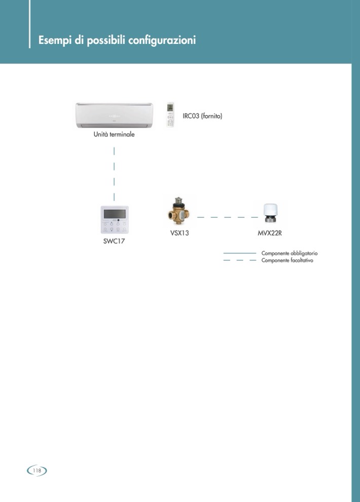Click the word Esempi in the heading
tap(54, 40)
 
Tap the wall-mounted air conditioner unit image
tap(114, 115)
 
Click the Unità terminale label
tap(114, 135)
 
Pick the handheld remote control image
tap(170, 115)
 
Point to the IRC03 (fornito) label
tap(202, 116)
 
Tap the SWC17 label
tap(114, 241)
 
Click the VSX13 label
tap(179, 234)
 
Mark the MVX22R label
tap(270, 234)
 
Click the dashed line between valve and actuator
tap(227, 217)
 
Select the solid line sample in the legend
tap(239, 253)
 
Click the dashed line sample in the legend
tap(239, 260)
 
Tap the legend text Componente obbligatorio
tap(289, 253)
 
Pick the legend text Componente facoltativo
tap(287, 260)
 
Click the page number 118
tap(37, 471)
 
